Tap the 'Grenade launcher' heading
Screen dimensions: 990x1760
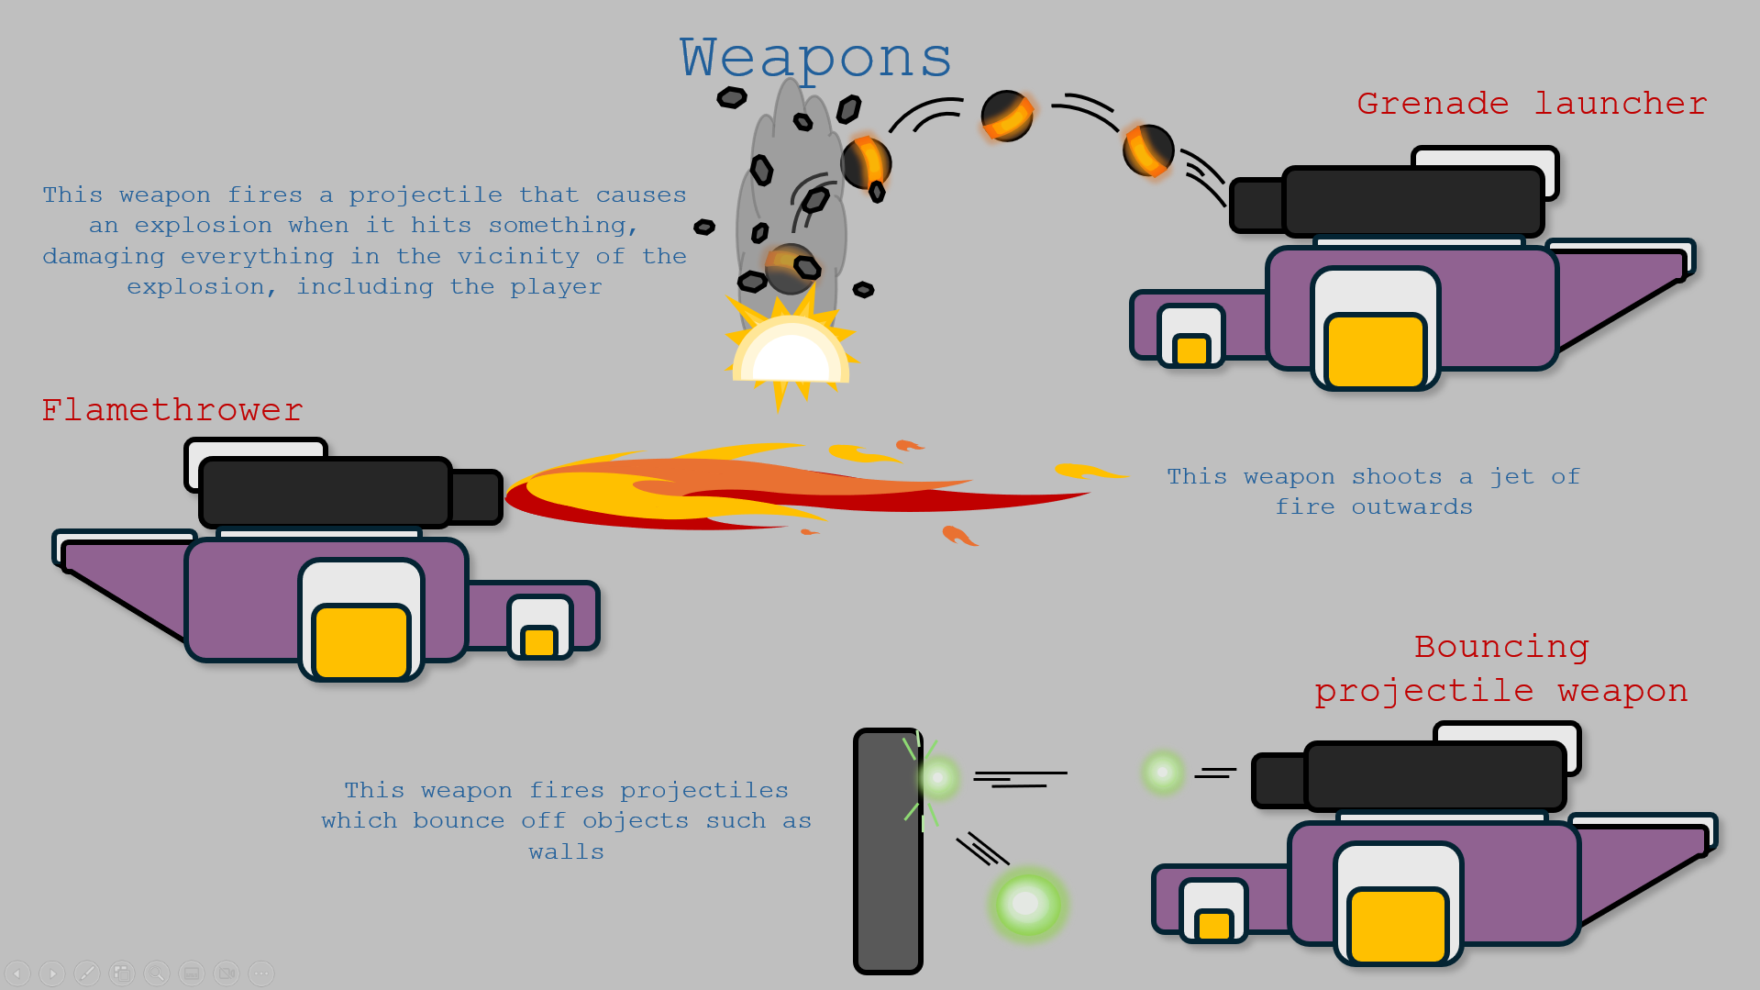coord(1531,104)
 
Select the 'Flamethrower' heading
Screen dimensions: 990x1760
coord(172,410)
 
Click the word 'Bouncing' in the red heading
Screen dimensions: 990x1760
coord(1501,647)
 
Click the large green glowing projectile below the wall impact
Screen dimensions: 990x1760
coord(1027,904)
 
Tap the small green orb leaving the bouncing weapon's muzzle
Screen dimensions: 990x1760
coord(1163,772)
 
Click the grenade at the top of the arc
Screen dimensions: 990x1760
coord(1007,116)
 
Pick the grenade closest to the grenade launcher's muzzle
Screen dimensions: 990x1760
coord(1148,150)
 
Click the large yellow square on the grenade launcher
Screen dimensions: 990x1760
coord(1376,350)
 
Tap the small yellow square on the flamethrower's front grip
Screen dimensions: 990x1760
coord(539,640)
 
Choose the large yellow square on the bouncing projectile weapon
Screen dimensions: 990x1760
coord(1398,925)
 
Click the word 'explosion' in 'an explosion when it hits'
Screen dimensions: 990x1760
coord(203,226)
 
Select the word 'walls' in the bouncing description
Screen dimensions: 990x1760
coord(566,852)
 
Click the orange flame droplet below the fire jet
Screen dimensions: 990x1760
coord(958,535)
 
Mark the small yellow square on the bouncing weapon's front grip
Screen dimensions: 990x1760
coord(1213,925)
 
